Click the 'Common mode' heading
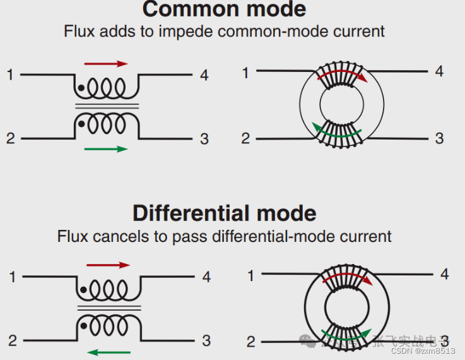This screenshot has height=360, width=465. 224,9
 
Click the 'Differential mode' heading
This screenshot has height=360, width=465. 224,213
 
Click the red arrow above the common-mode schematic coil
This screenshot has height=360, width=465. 106,64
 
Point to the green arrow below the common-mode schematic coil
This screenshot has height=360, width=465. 106,149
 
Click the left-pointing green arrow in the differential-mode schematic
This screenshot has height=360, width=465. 109,352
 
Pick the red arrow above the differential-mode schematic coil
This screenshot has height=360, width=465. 107,265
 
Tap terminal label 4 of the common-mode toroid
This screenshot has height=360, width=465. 439,71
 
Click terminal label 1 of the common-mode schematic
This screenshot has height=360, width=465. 10,75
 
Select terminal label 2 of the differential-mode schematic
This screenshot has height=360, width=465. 13,341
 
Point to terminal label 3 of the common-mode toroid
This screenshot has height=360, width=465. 439,138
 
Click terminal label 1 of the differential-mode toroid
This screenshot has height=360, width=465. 250,275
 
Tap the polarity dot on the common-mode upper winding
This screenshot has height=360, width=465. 81,88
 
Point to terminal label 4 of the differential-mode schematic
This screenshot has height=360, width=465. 206,277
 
